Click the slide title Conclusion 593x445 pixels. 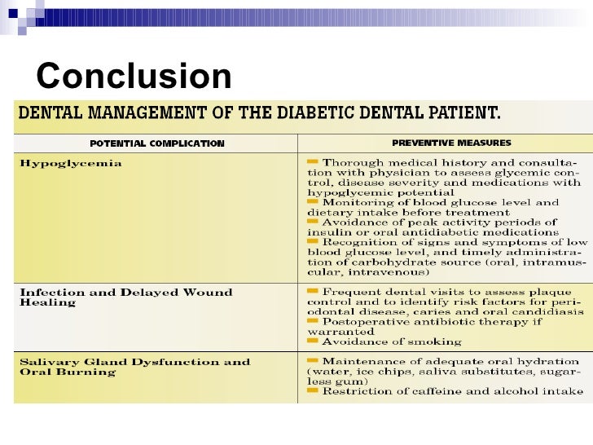(x=134, y=77)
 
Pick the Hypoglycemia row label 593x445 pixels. (x=71, y=163)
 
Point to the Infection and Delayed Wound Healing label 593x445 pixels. (x=125, y=297)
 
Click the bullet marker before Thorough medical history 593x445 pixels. (x=313, y=162)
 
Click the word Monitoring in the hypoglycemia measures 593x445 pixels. (x=358, y=201)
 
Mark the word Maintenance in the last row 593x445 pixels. (x=363, y=361)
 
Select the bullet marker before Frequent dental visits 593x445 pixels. (x=313, y=291)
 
